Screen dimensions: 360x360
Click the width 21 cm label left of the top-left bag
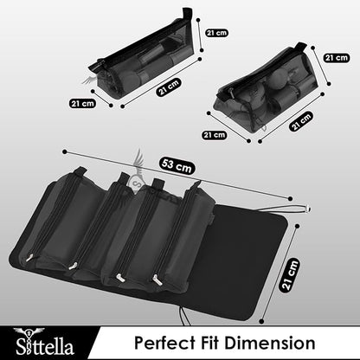[83, 102]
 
